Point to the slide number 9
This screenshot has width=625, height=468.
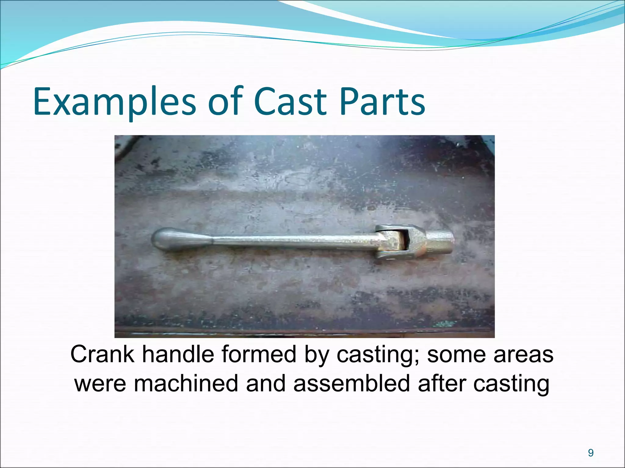coord(591,453)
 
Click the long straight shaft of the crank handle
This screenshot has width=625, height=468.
coord(290,241)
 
